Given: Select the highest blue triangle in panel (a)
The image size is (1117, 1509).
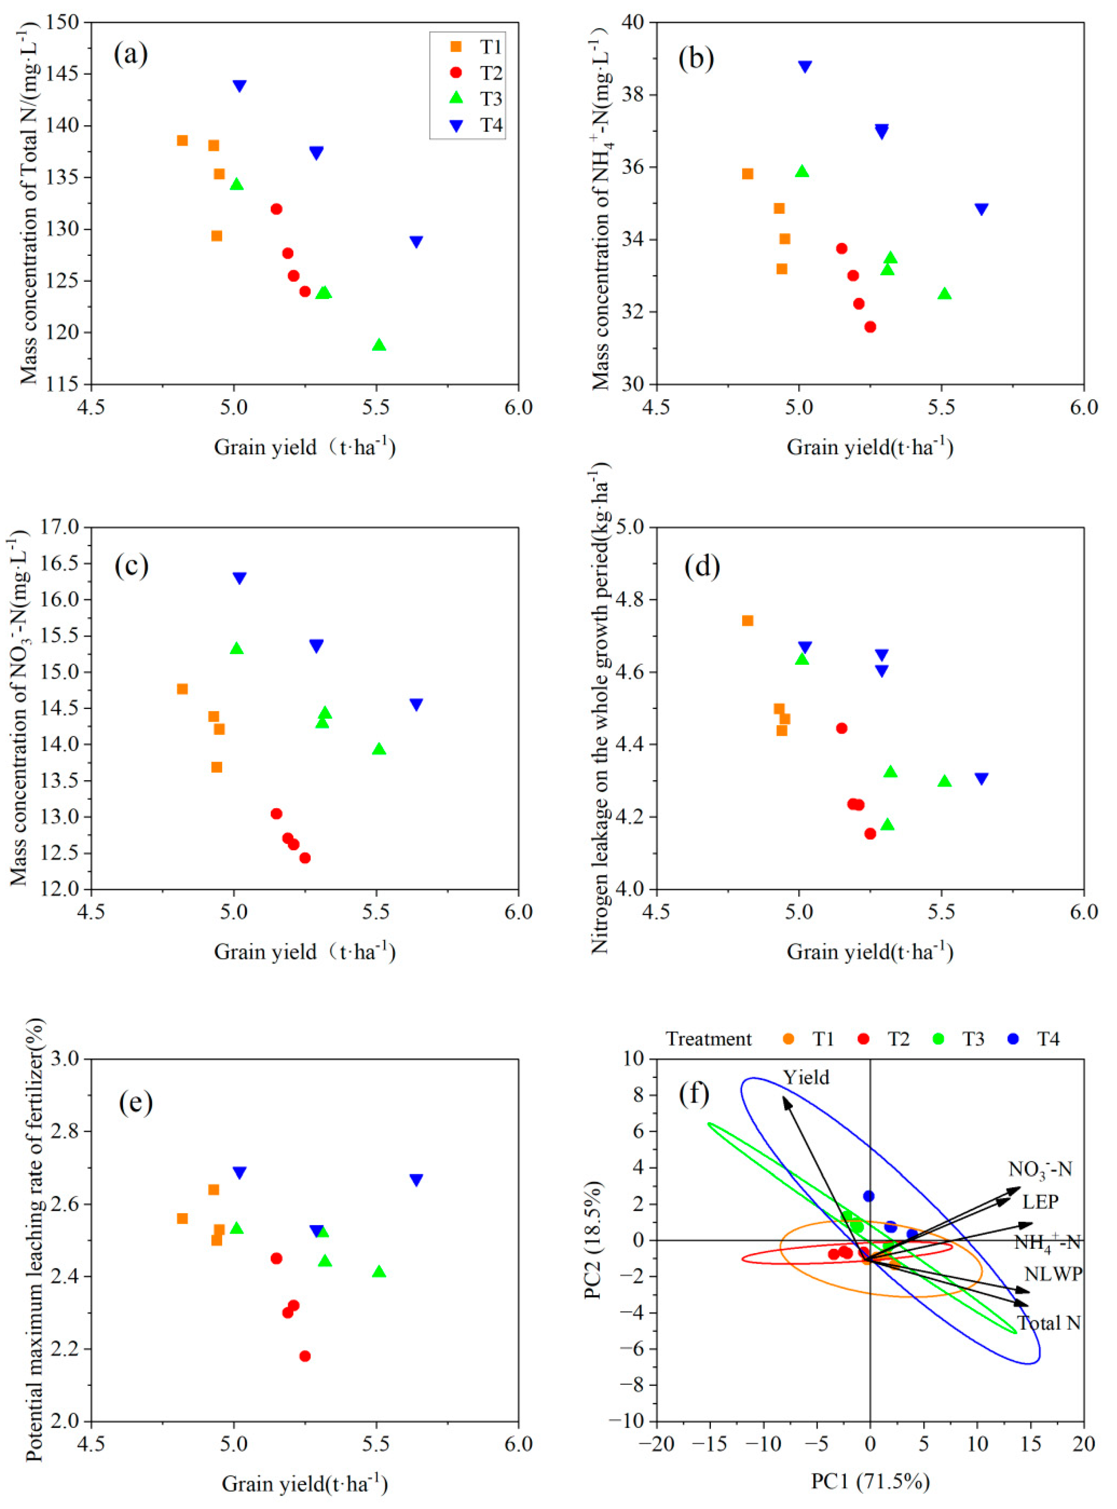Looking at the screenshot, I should [239, 86].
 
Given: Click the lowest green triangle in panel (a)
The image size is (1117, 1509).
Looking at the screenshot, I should [379, 345].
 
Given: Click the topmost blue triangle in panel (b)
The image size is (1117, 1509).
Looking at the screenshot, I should [805, 66].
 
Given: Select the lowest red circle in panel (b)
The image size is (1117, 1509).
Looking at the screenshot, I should [870, 327].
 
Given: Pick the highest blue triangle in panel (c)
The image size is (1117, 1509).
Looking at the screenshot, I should [239, 578].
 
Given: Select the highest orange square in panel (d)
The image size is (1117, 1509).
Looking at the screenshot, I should [748, 620].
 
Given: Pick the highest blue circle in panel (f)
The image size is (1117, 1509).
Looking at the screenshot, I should [869, 1196].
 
